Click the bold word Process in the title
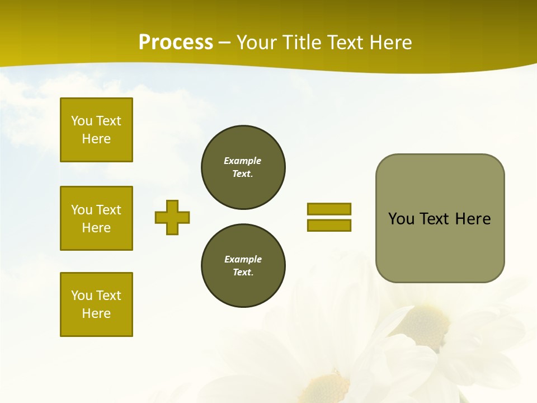coord(176,42)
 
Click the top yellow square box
coord(96,130)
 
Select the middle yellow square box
coord(96,218)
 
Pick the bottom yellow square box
coord(96,304)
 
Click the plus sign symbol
coord(172,217)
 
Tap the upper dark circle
coord(243,167)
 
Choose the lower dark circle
coord(243,265)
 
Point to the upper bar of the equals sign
coord(329,209)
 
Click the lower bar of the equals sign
coord(329,225)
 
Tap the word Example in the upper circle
coord(242,161)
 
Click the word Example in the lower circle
coord(243,259)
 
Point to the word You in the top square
coord(81,121)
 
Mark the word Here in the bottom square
coord(96,313)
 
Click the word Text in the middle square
coord(108,210)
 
